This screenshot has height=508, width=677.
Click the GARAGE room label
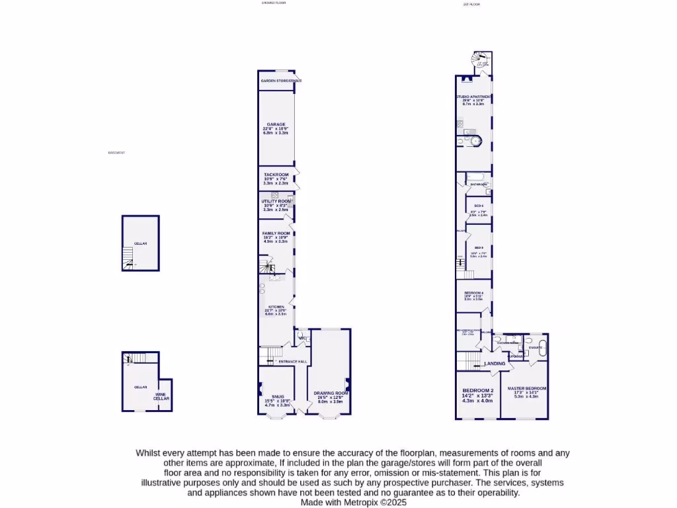click(276, 124)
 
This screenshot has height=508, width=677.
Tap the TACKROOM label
click(276, 175)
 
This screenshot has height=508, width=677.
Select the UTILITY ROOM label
click(276, 201)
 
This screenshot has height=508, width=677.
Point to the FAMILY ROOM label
click(276, 233)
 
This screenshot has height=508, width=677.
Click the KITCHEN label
click(276, 307)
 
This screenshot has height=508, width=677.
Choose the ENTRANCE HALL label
click(292, 362)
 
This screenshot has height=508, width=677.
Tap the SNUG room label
click(268, 397)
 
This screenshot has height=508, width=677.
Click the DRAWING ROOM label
click(332, 393)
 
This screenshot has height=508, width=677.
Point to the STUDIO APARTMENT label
click(473, 97)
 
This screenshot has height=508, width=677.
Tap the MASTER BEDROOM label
click(527, 388)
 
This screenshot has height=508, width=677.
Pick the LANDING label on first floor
click(495, 364)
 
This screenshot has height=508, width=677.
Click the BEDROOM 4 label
click(474, 292)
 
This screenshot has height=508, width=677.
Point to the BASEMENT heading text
click(116, 153)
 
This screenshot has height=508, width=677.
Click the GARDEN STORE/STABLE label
click(281, 81)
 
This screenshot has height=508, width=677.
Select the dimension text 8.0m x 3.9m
click(332, 402)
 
